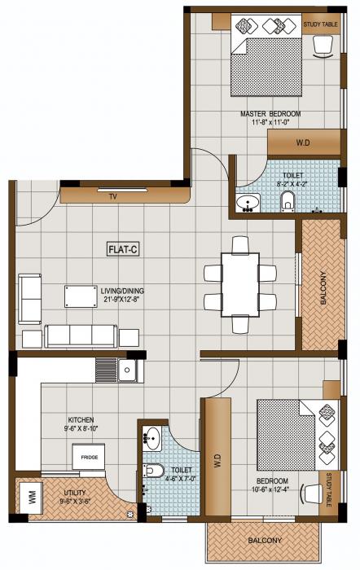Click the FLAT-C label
coord(123,249)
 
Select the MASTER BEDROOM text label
coord(270,112)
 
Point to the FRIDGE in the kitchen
coord(89,458)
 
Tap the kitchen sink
coord(128,371)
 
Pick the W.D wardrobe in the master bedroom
coord(302,143)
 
